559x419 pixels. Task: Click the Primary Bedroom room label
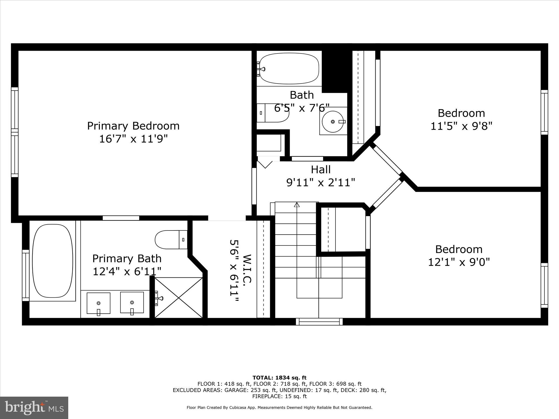(x=133, y=126)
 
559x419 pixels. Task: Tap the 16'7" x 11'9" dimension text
(x=133, y=139)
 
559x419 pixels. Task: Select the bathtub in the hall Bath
(x=289, y=68)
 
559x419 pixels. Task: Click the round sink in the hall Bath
(x=333, y=121)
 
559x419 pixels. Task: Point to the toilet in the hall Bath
(x=273, y=113)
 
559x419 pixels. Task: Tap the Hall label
(x=321, y=170)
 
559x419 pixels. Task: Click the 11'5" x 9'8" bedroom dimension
(x=461, y=126)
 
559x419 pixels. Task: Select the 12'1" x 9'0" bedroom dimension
(x=459, y=262)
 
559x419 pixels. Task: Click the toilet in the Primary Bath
(x=171, y=240)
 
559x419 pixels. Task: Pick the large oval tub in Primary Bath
(x=53, y=261)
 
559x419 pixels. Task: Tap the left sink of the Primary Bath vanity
(x=99, y=303)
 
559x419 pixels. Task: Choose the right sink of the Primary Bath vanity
(x=132, y=303)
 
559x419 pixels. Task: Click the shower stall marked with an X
(x=179, y=298)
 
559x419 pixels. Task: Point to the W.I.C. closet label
(x=247, y=269)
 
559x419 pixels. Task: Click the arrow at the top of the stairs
(x=297, y=205)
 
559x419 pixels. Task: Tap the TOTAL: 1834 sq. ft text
(x=279, y=378)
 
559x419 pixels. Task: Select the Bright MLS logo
(x=34, y=408)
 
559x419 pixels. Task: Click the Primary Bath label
(x=127, y=258)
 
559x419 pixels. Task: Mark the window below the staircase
(x=319, y=322)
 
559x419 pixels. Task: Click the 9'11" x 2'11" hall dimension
(x=321, y=182)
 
